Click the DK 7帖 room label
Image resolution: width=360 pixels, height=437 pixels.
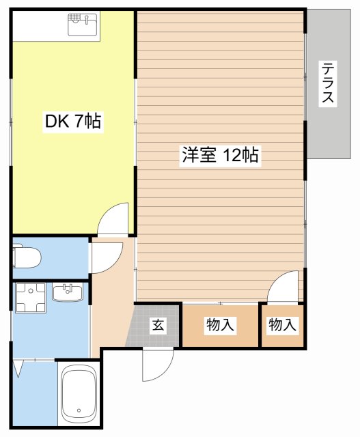coord(73,122)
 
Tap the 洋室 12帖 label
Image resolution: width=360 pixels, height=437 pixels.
coord(219,156)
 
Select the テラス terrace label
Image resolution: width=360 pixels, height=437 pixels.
coord(329,83)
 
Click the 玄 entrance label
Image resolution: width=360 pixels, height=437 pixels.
coord(158,326)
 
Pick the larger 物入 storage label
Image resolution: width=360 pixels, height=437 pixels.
coord(220,326)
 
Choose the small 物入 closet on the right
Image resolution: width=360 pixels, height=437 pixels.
coord(282,326)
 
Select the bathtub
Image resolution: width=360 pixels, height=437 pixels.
coord(79,395)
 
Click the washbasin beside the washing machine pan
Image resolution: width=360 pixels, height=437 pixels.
coord(68,293)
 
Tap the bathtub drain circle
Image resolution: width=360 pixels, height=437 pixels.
coord(79,412)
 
